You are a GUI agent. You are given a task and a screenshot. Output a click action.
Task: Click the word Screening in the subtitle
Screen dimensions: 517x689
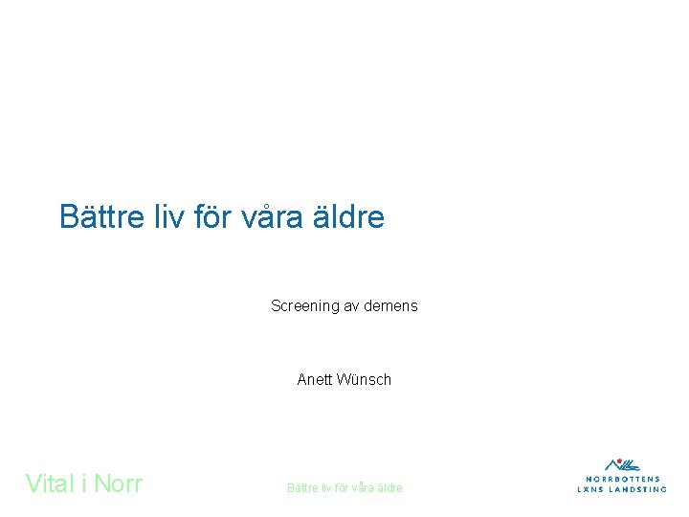pyautogui.click(x=305, y=306)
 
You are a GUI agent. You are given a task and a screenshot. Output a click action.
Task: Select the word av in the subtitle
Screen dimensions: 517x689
pyautogui.click(x=354, y=306)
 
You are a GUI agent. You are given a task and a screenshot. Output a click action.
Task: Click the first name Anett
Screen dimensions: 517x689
pyautogui.click(x=314, y=380)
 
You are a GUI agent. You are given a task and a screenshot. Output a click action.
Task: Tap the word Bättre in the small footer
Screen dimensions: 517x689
pyautogui.click(x=302, y=488)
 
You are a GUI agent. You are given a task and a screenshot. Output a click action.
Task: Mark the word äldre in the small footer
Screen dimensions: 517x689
pyautogui.click(x=389, y=488)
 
